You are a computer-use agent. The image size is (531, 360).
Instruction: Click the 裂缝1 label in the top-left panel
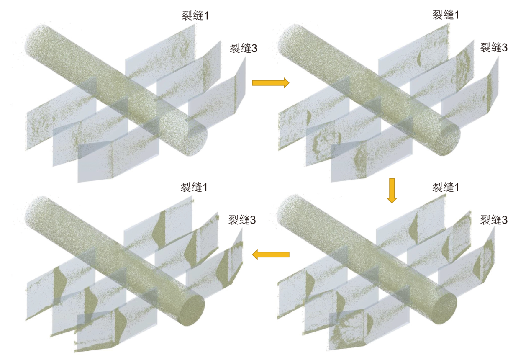(x=195, y=16)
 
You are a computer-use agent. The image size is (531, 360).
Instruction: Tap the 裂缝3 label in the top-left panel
(x=243, y=49)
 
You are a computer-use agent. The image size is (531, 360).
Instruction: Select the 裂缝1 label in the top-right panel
(x=446, y=15)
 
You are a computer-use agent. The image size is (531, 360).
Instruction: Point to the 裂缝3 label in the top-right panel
(x=494, y=48)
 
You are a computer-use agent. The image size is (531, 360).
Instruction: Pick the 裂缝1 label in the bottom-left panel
(x=194, y=188)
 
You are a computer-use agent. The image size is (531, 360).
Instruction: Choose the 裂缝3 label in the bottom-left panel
(x=242, y=220)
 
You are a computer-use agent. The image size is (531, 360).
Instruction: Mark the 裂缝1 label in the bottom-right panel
(x=446, y=188)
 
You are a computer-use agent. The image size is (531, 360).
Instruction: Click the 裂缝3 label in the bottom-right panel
(x=494, y=220)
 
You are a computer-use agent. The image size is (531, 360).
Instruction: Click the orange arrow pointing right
(x=270, y=83)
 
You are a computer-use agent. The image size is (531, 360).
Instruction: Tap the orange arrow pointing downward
(x=392, y=190)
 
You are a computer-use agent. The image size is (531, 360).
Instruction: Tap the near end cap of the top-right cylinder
(x=447, y=140)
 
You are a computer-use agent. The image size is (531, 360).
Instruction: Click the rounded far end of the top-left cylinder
(x=36, y=39)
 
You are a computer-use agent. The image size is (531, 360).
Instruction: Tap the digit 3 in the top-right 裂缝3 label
(x=505, y=48)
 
